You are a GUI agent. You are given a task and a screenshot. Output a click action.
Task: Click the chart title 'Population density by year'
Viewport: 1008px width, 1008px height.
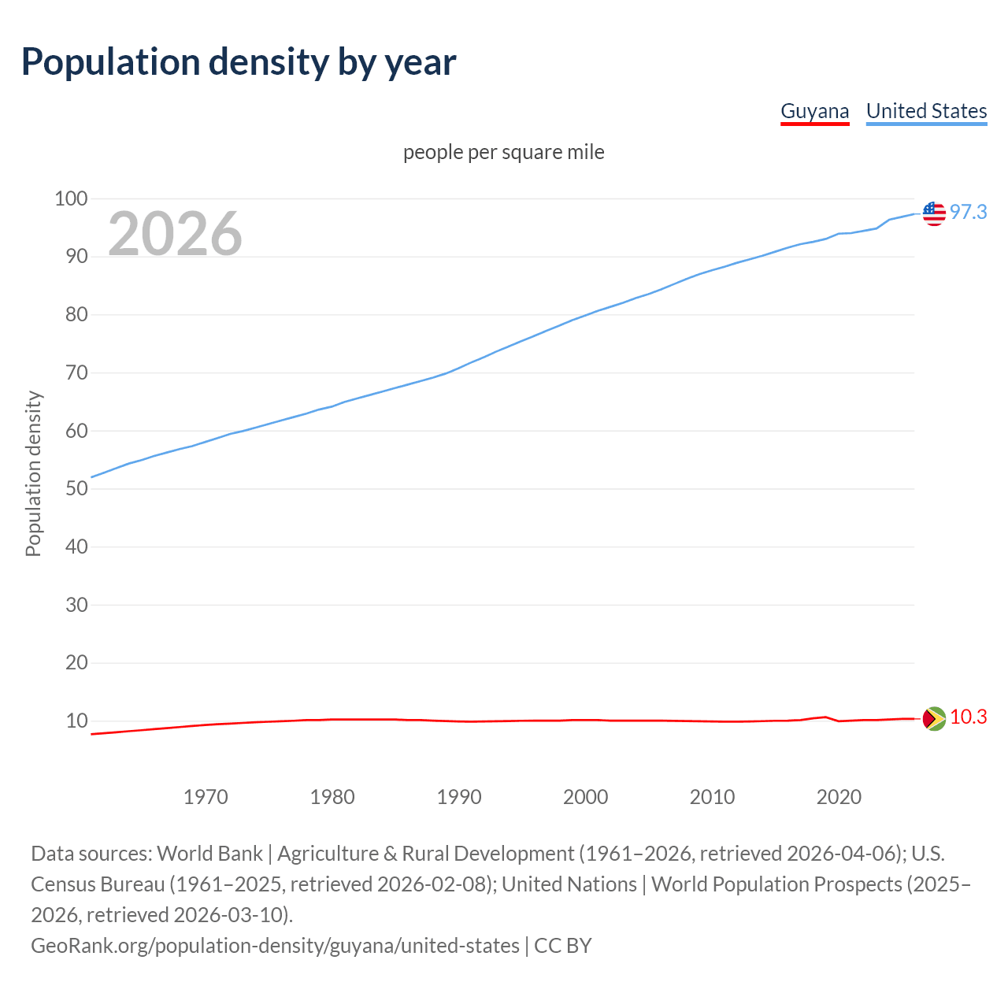[x=239, y=62]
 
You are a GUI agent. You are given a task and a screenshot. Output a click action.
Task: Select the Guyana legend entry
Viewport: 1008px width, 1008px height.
[x=814, y=111]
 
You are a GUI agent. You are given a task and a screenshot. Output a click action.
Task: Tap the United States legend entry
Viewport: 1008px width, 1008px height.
[x=926, y=111]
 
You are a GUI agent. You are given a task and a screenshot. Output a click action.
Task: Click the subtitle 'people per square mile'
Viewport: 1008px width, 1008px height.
[x=503, y=152]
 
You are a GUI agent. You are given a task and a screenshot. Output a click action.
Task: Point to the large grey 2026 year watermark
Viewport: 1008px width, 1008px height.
[x=175, y=233]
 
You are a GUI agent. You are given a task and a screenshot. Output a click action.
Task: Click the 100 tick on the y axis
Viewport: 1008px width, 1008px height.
[x=71, y=198]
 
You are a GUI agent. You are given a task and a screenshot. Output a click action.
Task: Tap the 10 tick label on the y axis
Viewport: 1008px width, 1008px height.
[x=76, y=721]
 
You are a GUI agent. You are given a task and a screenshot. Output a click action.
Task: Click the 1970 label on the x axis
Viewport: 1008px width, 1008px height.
[x=206, y=797]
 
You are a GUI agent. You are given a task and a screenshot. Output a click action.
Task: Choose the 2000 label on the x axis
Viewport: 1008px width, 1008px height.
[x=585, y=797]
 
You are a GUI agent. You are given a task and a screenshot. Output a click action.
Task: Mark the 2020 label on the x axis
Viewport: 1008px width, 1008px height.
[x=839, y=797]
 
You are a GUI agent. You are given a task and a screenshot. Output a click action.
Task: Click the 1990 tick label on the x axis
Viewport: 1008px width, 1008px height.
[x=459, y=797]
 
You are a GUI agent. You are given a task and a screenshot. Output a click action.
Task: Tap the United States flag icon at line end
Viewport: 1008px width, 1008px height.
[x=934, y=213]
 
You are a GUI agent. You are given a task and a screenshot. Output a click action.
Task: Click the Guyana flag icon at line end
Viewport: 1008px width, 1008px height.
[x=934, y=718]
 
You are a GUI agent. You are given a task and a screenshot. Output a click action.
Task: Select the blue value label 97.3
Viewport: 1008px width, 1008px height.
[x=968, y=212]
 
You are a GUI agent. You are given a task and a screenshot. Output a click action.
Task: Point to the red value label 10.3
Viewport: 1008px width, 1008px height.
[x=968, y=717]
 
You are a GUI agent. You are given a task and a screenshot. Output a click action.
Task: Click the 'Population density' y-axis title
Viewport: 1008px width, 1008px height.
[x=33, y=473]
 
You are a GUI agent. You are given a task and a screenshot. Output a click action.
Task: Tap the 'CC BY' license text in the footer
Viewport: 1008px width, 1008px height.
[x=562, y=946]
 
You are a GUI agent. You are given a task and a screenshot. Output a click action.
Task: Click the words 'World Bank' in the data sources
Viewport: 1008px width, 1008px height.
[x=209, y=854]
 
